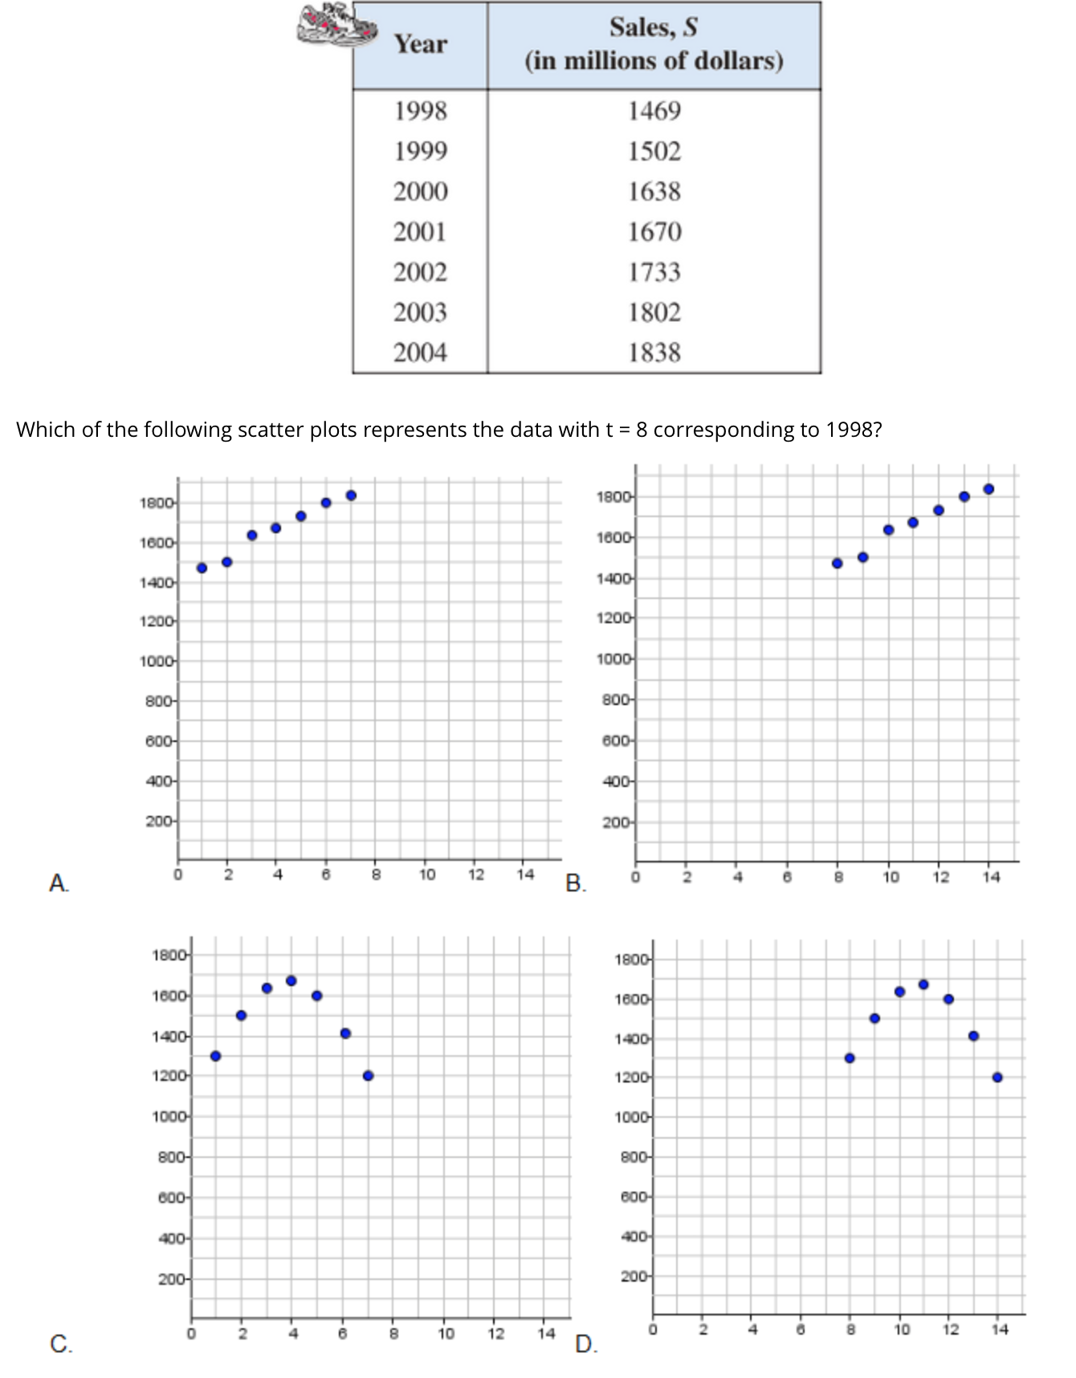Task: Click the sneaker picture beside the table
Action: [x=336, y=25]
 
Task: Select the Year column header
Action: [x=420, y=44]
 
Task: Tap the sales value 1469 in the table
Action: [x=654, y=111]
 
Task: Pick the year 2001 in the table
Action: [x=420, y=232]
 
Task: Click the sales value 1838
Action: [x=654, y=353]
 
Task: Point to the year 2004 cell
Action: [x=420, y=353]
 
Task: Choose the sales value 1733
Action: [x=654, y=272]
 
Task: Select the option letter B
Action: [x=575, y=883]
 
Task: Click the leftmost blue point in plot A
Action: [x=202, y=568]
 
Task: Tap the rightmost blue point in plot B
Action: [x=988, y=489]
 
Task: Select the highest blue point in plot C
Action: [x=291, y=980]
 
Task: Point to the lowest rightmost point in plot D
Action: [x=997, y=1077]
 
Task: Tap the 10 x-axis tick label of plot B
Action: [x=891, y=877]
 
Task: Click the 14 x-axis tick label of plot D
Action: [x=999, y=1329]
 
